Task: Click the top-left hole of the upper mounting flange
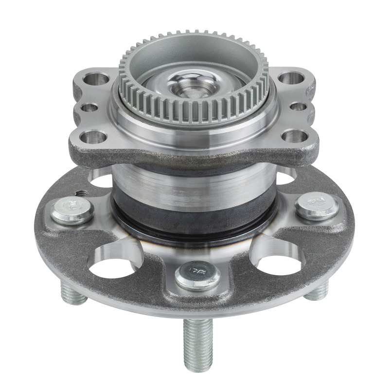[95, 78]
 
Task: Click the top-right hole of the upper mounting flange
[290, 78]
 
